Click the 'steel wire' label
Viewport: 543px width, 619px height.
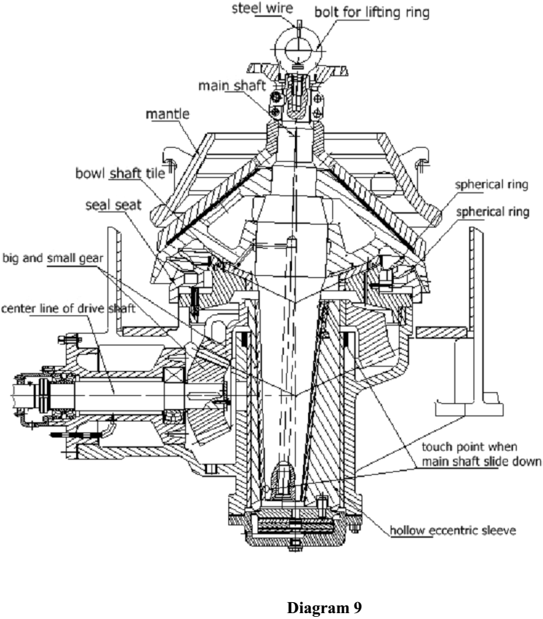pyautogui.click(x=265, y=8)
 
